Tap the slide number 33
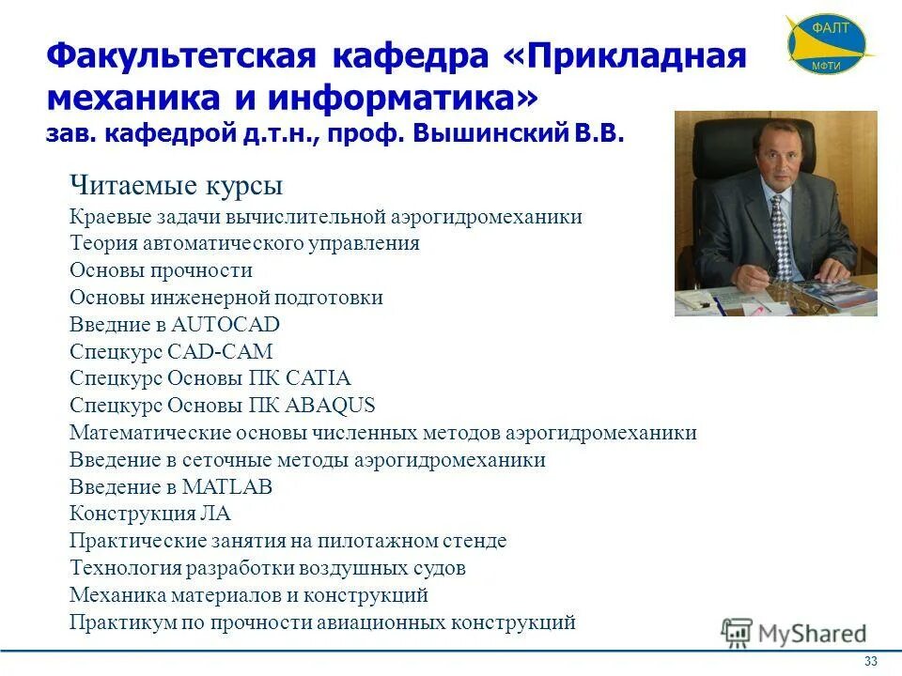(871, 662)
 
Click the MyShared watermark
(795, 634)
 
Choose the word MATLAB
(227, 487)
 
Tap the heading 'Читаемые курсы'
(176, 186)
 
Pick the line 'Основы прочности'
(161, 270)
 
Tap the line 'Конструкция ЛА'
(149, 515)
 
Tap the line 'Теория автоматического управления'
(244, 244)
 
